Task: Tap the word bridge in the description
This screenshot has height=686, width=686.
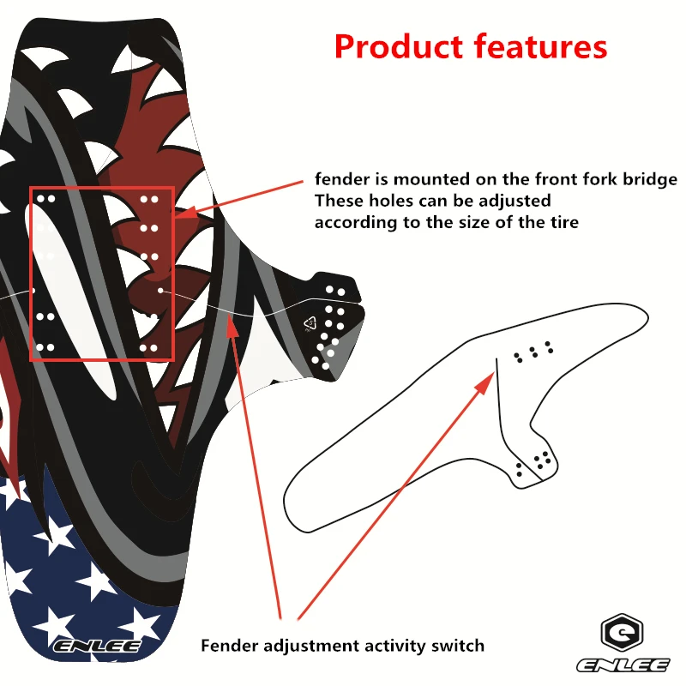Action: (x=650, y=180)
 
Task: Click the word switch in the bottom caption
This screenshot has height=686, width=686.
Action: (x=460, y=646)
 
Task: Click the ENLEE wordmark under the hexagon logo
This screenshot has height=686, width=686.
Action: (x=623, y=665)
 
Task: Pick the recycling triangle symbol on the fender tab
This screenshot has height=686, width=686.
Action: (x=310, y=324)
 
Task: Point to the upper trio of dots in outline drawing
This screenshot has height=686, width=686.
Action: (x=533, y=352)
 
